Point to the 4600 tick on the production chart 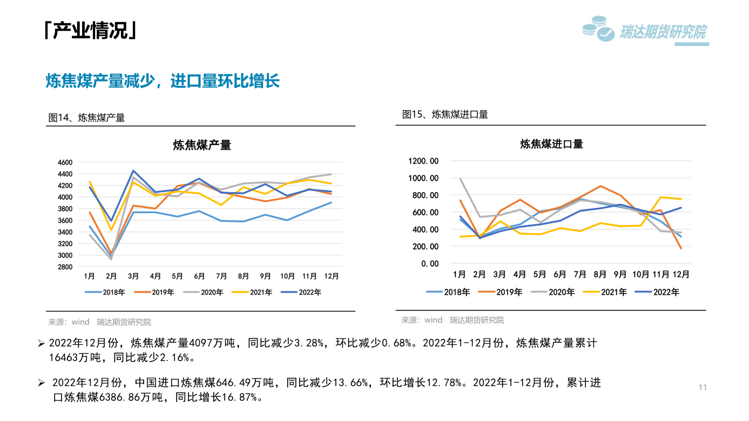tap(64, 162)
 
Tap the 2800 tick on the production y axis tap(64, 267)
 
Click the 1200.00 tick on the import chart tap(424, 161)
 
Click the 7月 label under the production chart tap(221, 276)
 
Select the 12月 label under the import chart tap(681, 274)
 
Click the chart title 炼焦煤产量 tap(202, 145)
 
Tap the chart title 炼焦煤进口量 tap(551, 144)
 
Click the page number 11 tap(703, 388)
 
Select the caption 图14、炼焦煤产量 tap(86, 118)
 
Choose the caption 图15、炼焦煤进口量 tap(445, 114)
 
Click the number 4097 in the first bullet tap(201, 343)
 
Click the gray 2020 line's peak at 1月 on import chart tap(460, 179)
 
